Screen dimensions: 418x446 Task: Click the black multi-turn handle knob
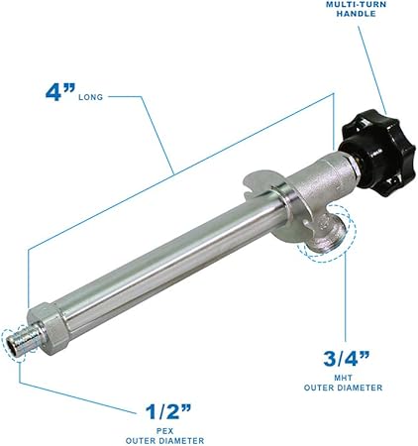[x=378, y=153]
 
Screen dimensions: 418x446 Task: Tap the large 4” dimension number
[x=60, y=92]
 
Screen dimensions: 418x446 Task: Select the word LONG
[x=91, y=97]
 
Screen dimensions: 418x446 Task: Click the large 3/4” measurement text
[x=346, y=359]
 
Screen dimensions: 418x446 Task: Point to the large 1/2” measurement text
[x=168, y=411]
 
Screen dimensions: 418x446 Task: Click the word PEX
[x=164, y=431]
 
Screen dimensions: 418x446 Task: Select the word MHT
[x=343, y=378]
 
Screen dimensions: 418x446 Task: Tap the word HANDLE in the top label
[x=356, y=14]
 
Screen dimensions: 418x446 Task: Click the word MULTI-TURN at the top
[x=356, y=4]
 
